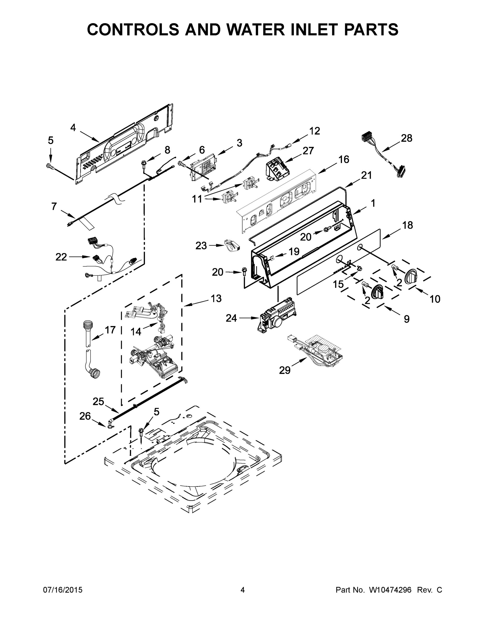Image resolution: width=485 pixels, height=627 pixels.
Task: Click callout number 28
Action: pos(407,138)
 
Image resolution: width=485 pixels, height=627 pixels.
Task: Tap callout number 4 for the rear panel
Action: pos(73,128)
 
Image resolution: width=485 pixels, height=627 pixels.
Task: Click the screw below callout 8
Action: pos(142,163)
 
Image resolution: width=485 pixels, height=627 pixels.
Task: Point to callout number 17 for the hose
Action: pos(110,330)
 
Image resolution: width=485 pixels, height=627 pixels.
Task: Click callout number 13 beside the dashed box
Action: pos(216,298)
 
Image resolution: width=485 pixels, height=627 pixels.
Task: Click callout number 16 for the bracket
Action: pos(344,159)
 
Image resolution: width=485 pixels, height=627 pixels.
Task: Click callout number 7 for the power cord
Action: pos(54,206)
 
